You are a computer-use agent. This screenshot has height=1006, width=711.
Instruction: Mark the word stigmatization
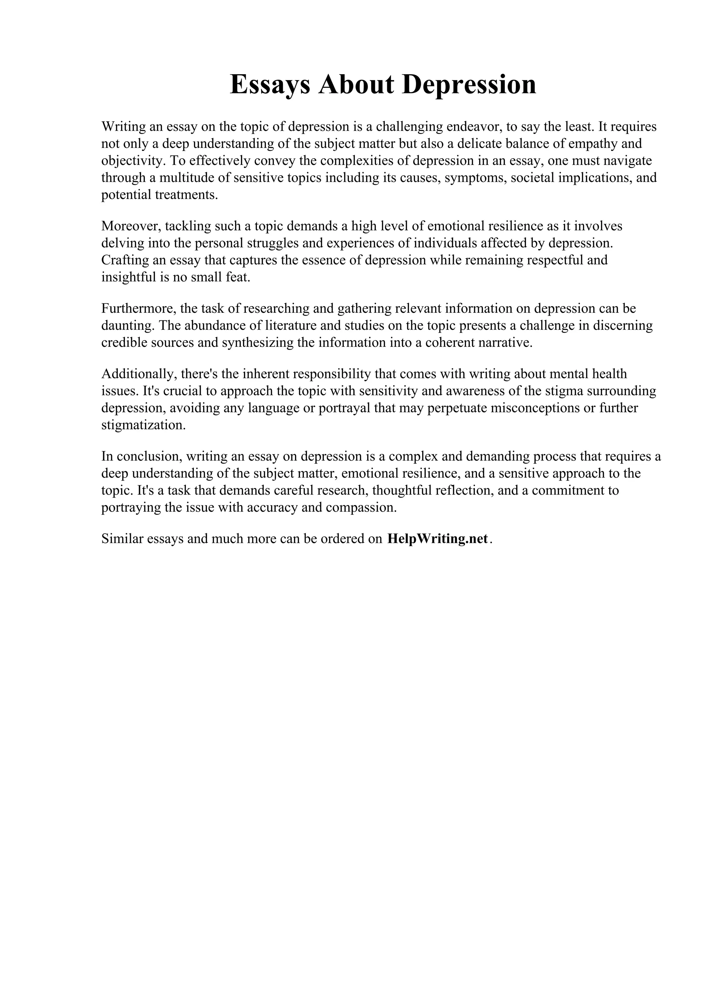pos(143,425)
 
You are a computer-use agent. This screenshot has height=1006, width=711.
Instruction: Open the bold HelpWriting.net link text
pos(437,538)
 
